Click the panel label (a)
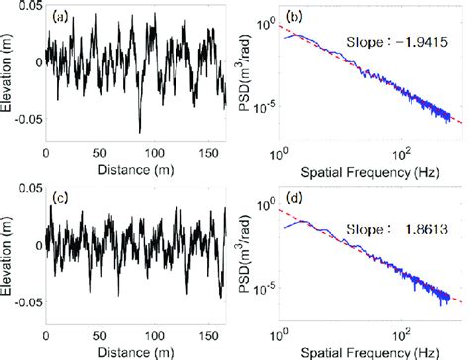pos(60,17)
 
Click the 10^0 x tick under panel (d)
pos(282,338)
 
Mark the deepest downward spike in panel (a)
pos(139,131)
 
